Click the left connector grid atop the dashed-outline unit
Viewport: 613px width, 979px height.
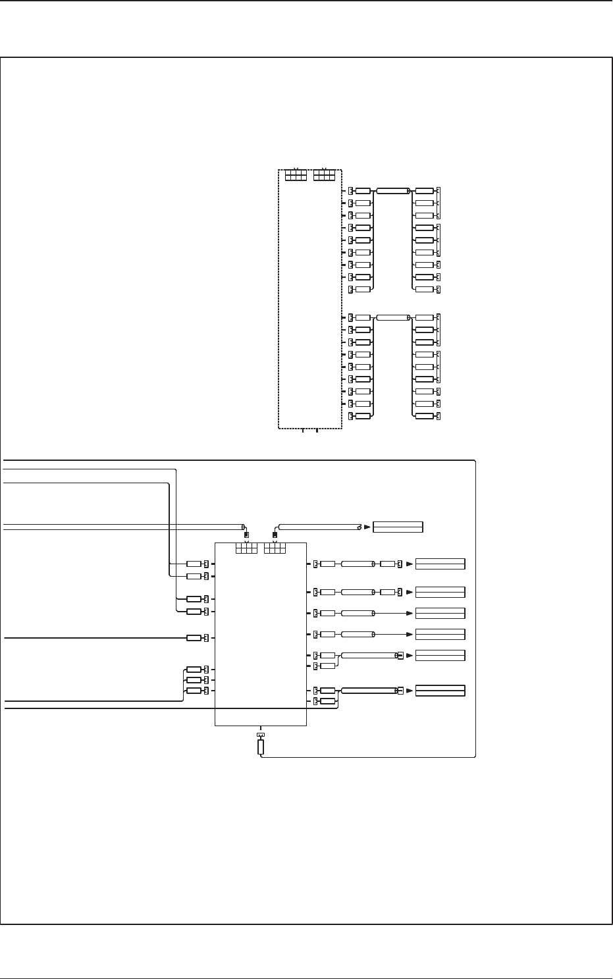tap(296, 175)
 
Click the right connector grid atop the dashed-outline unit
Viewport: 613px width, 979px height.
tap(325, 175)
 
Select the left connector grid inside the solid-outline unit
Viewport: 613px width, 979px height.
tap(246, 548)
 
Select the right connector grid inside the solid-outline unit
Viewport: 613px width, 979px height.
tap(275, 548)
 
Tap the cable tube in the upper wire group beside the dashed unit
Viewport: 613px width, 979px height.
tap(392, 191)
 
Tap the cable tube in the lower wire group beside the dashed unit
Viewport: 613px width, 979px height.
tap(392, 317)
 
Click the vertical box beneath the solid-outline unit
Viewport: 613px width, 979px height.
tap(261, 747)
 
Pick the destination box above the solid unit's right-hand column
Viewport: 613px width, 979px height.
tap(398, 527)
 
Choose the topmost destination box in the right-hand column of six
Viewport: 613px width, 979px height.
tap(440, 564)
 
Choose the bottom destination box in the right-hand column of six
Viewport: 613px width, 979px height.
tap(440, 691)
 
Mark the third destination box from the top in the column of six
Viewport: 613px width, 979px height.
tap(440, 614)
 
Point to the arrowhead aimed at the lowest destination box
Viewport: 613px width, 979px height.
tap(410, 691)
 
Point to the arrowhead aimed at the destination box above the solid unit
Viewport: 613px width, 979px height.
tap(367, 527)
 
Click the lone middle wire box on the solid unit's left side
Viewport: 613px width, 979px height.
tap(194, 638)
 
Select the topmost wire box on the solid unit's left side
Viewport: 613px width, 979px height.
tap(194, 564)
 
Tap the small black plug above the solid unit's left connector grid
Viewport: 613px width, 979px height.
tap(246, 535)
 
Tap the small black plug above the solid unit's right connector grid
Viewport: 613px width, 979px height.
tap(275, 535)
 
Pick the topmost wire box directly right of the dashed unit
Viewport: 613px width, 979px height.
tap(363, 191)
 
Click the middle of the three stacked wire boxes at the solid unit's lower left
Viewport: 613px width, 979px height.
tap(194, 679)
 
